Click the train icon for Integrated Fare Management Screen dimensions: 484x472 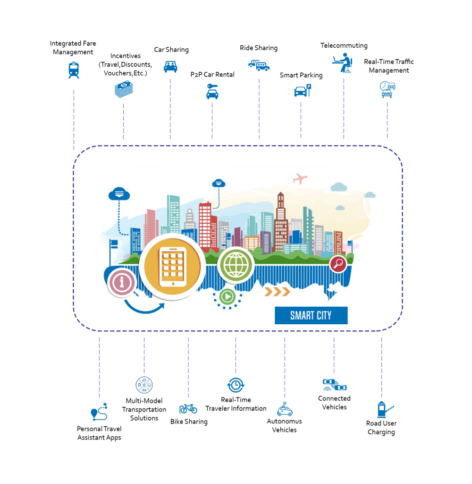[74, 70]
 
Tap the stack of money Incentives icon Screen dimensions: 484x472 [124, 89]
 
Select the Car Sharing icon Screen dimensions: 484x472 [170, 66]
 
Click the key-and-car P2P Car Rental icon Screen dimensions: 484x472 [212, 91]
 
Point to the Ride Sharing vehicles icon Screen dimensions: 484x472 [259, 65]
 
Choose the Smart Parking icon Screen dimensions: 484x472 [302, 90]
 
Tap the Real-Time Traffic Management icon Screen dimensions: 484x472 [388, 89]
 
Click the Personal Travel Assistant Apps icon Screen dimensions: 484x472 [99, 412]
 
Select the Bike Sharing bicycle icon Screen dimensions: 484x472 [188, 408]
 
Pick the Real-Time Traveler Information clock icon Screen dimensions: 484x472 [235, 385]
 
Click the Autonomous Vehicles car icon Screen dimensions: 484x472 [285, 409]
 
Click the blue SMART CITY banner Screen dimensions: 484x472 [311, 315]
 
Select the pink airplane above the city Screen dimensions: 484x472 [300, 179]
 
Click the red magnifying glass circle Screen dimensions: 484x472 [338, 264]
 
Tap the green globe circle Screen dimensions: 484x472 [235, 264]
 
